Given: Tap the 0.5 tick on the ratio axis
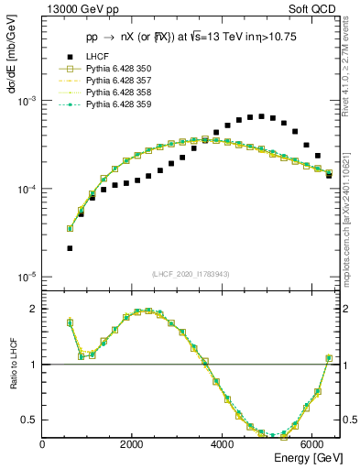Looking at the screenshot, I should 29,420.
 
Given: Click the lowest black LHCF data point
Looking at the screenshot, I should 70,248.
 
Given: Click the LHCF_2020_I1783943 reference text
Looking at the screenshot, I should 191,274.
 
